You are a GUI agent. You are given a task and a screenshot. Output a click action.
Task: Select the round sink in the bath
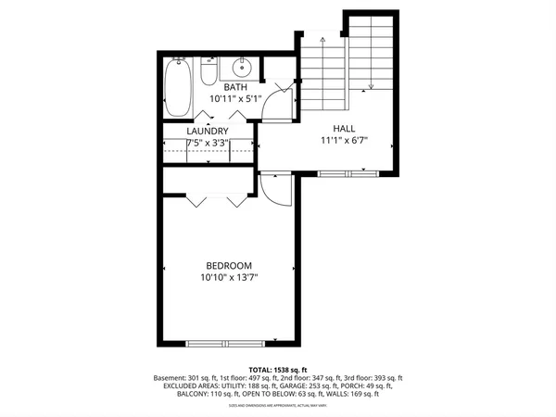click(243, 67)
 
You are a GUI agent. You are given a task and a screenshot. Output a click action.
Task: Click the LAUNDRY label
click(208, 132)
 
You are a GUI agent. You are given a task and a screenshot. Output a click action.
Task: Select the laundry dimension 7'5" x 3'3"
click(208, 144)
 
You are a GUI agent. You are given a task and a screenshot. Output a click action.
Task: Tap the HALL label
click(345, 129)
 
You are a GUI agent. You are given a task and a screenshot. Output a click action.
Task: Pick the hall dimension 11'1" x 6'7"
click(345, 141)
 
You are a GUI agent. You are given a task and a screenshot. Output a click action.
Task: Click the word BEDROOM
click(229, 263)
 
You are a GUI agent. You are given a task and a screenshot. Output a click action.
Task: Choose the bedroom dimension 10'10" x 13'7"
click(229, 276)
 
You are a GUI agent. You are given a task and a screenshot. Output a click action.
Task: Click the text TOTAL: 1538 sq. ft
click(278, 370)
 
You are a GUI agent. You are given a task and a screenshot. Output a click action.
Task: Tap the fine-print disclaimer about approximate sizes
click(278, 406)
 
